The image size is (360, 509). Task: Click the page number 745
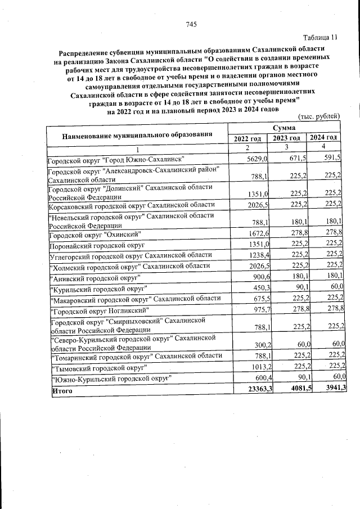191,24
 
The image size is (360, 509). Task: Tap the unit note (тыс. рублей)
318,116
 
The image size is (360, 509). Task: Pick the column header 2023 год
286,138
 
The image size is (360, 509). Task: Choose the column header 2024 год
324,138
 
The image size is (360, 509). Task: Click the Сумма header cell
286,129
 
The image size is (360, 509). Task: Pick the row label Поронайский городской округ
96,245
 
